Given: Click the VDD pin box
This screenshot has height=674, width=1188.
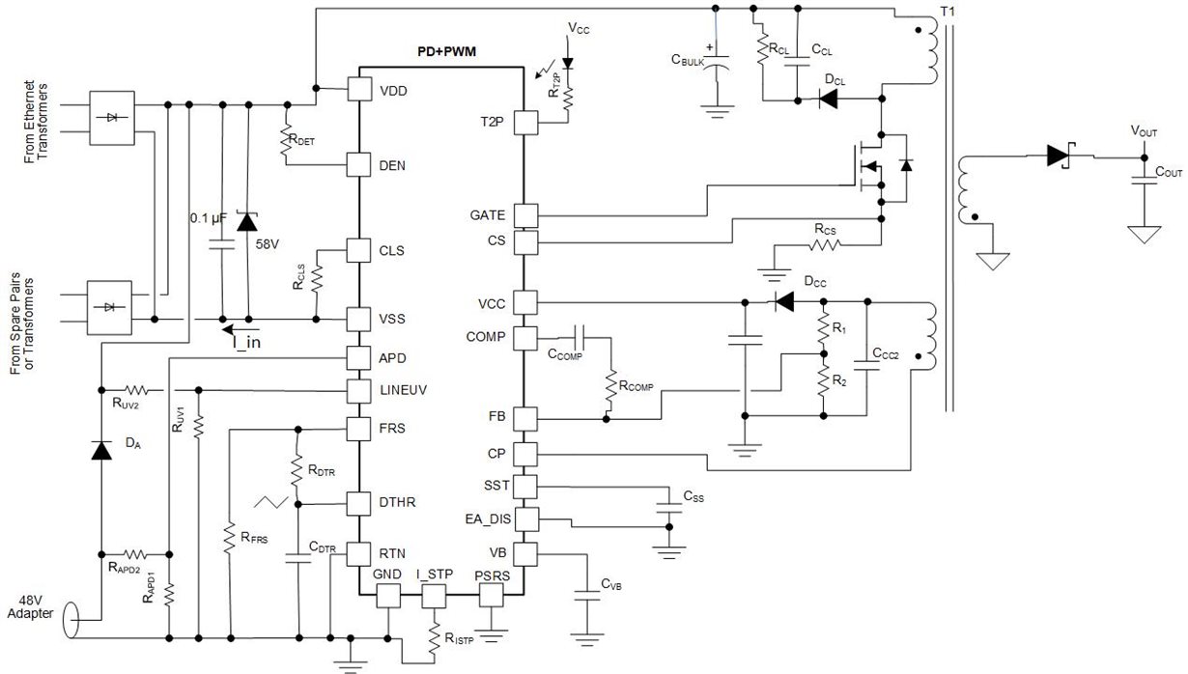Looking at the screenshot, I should click(x=359, y=90).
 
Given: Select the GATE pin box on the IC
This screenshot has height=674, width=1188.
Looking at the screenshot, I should click(x=525, y=215).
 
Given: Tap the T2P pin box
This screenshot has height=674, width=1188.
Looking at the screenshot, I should click(x=525, y=122).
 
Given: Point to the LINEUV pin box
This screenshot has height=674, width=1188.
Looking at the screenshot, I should click(x=359, y=390).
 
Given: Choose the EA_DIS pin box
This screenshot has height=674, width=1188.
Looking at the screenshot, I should click(x=525, y=520).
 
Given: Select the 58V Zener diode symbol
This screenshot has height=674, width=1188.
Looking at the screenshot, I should click(x=247, y=221).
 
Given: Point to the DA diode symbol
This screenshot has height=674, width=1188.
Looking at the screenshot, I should click(x=100, y=449).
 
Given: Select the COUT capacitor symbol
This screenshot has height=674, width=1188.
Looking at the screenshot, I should click(x=1145, y=183).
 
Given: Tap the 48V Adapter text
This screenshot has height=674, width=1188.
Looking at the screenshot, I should click(x=27, y=606).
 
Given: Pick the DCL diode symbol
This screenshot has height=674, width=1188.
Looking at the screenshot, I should click(x=829, y=98).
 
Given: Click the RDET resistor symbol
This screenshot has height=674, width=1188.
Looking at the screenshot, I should click(x=287, y=138).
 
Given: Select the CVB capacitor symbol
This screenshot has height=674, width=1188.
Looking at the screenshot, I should click(x=583, y=597).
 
